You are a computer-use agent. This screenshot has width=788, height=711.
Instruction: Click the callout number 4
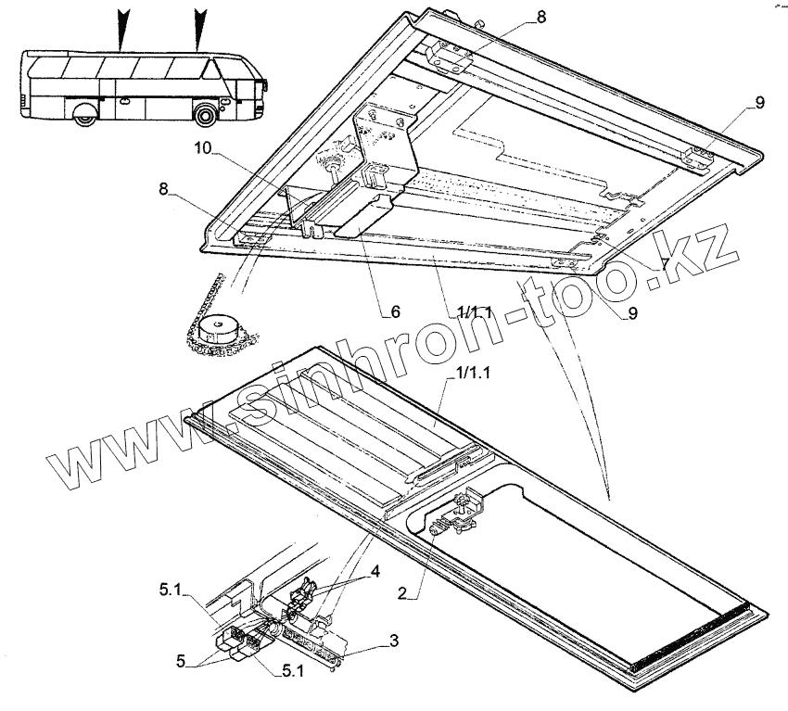[374, 571]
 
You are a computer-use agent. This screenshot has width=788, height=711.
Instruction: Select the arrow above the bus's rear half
[121, 28]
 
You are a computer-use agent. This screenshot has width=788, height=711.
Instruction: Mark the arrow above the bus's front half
[198, 28]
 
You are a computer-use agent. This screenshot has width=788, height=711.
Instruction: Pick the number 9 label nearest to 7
[632, 313]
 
